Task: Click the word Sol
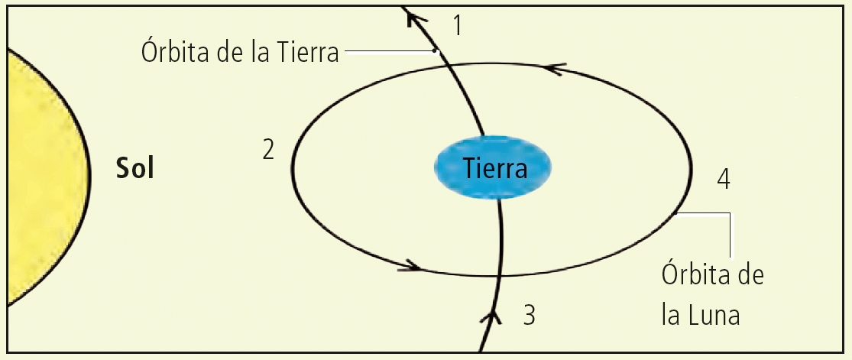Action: coord(135,168)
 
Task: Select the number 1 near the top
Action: coord(458,26)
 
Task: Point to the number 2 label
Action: coord(268,150)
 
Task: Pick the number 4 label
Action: coord(724,180)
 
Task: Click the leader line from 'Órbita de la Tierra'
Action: coord(390,52)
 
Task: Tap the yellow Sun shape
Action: coord(38,176)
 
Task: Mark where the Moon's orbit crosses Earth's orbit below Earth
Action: coord(501,275)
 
